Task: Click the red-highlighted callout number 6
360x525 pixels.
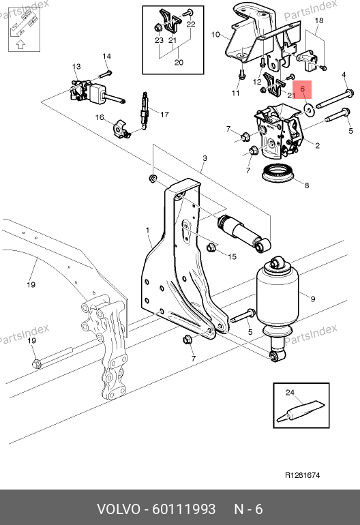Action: (x=303, y=89)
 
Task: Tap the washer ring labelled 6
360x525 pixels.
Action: (x=308, y=109)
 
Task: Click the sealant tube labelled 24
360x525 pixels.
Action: (x=300, y=411)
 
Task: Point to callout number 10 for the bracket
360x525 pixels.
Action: (x=215, y=35)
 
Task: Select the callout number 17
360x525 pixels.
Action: (x=164, y=115)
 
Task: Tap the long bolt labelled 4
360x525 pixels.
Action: (x=335, y=100)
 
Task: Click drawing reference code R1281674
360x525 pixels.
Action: (x=303, y=475)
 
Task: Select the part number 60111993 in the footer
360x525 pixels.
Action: (x=184, y=509)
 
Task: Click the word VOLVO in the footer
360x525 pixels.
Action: (x=119, y=509)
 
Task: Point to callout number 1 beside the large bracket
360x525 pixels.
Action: (x=148, y=230)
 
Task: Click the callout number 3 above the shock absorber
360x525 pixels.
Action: (x=205, y=158)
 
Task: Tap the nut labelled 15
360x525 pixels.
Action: (x=211, y=247)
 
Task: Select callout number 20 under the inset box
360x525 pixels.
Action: (x=179, y=62)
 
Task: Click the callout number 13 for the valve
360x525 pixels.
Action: (x=76, y=66)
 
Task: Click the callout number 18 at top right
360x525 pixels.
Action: (x=319, y=20)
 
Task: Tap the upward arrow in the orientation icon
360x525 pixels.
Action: (x=20, y=44)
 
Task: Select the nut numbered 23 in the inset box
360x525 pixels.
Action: (x=157, y=27)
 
